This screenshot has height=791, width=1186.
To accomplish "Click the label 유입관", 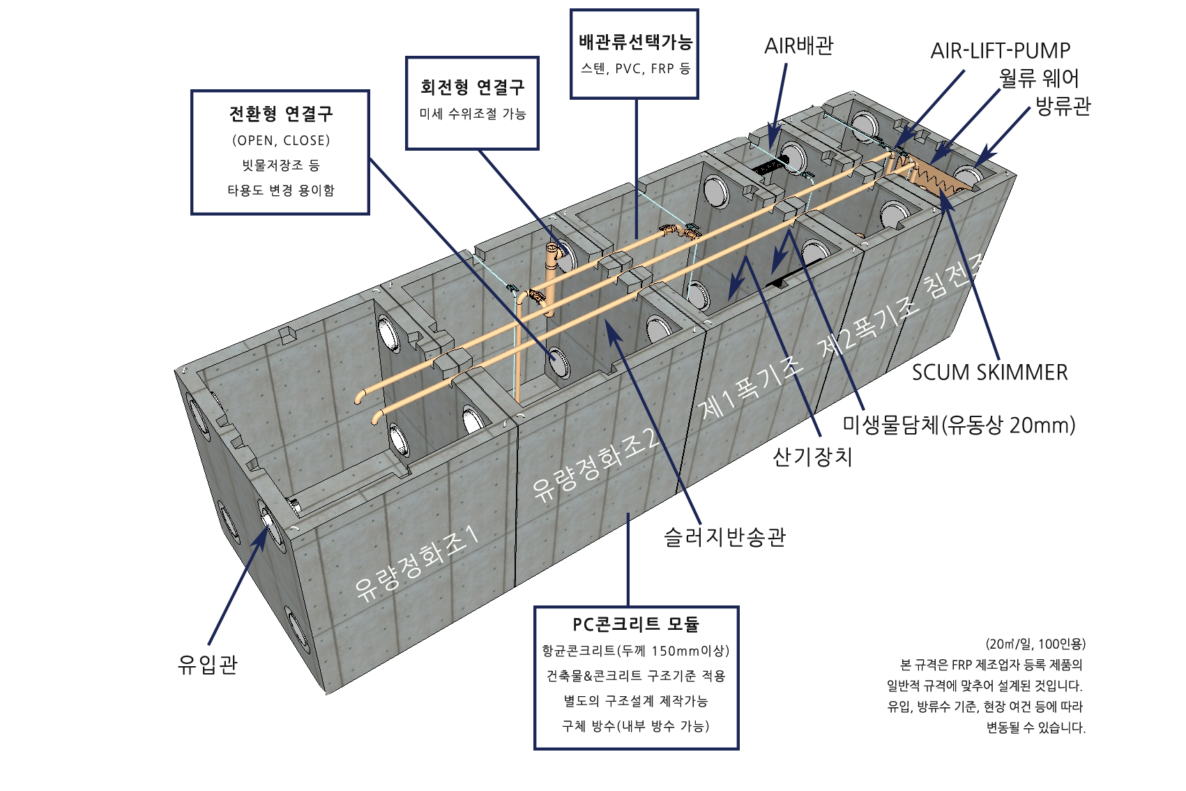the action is coord(208,664).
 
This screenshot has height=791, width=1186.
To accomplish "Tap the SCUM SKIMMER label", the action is coord(989,372).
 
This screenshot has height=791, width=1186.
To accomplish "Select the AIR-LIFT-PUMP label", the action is coord(1000,51).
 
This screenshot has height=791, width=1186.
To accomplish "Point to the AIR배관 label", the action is coord(798,46).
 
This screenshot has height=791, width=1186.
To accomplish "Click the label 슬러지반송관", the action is coord(725,537).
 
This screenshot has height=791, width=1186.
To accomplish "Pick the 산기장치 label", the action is coord(812,457).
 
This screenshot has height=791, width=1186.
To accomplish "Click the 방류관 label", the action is coord(1063,106).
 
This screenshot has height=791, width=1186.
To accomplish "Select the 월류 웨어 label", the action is coord(1039,78).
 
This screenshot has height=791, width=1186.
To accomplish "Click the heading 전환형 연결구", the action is coord(280,114).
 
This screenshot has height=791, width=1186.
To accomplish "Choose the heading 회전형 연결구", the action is coord(472,87).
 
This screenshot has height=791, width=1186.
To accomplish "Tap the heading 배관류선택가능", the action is coord(635,42).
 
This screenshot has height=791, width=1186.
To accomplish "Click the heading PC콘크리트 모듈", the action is coord(636,625).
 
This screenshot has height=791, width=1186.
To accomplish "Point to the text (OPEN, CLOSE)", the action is coord(281,140).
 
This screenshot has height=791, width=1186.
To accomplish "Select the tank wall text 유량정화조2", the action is coord(595,465).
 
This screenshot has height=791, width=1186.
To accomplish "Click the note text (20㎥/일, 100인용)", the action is coord(1035,644).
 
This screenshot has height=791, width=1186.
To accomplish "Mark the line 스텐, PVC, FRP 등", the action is coord(635,69).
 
